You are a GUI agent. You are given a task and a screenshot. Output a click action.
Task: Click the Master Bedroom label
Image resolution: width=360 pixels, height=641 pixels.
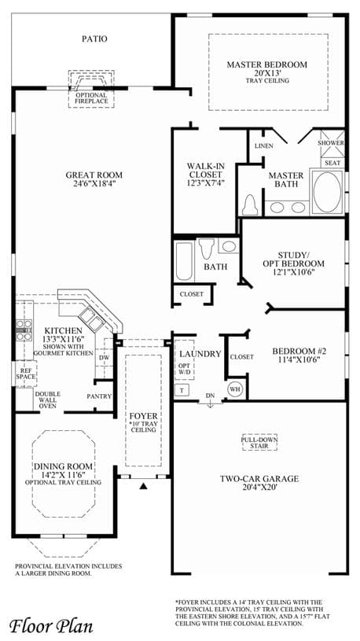pyautogui.click(x=266, y=64)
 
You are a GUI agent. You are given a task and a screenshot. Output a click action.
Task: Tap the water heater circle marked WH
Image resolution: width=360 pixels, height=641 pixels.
pyautogui.click(x=234, y=389)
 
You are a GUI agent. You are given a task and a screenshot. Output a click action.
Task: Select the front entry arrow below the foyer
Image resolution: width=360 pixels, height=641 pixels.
pyautogui.click(x=143, y=486)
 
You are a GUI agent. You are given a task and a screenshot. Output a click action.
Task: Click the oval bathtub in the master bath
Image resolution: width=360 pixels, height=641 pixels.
pyautogui.click(x=327, y=192)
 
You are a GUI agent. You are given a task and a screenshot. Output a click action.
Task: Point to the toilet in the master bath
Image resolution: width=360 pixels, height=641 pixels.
pyautogui.click(x=249, y=204)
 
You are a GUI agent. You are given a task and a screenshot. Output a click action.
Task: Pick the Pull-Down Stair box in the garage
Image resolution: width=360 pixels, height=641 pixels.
pyautogui.click(x=259, y=442)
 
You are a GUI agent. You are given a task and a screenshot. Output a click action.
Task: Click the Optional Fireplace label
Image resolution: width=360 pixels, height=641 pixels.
pyautogui.click(x=91, y=98)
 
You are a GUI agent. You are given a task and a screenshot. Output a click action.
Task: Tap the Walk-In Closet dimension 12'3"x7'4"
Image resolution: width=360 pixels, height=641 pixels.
pyautogui.click(x=205, y=182)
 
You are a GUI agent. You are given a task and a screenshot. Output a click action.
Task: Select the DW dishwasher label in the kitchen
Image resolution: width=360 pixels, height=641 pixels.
pyautogui.click(x=105, y=358)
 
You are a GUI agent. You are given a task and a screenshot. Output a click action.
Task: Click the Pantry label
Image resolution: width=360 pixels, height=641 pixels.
pyautogui.click(x=99, y=396)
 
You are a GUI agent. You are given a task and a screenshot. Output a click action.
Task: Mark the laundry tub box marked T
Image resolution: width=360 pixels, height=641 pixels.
pyautogui.click(x=182, y=390)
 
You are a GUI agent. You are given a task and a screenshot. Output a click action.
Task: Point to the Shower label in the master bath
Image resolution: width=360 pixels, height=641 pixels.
pyautogui.click(x=331, y=143)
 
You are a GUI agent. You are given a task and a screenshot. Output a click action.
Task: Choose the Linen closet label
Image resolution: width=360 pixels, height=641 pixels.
pyautogui.click(x=263, y=146)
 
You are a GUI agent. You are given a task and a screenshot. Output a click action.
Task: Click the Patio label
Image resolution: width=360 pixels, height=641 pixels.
pyautogui.click(x=94, y=39)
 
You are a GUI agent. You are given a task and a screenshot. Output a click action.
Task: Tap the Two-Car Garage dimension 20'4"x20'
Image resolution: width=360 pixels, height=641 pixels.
pyautogui.click(x=259, y=488)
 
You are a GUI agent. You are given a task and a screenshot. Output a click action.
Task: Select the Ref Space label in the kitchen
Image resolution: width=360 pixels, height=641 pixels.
pyautogui.click(x=26, y=374)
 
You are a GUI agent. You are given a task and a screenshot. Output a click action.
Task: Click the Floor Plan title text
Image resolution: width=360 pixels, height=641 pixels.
pyautogui.click(x=50, y=625)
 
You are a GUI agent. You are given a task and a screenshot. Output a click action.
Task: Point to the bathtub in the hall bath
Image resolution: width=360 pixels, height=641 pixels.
pyautogui.click(x=185, y=260)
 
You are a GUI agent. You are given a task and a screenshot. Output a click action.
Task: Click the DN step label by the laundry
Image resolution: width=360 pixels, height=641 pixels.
pyautogui.click(x=210, y=396)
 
